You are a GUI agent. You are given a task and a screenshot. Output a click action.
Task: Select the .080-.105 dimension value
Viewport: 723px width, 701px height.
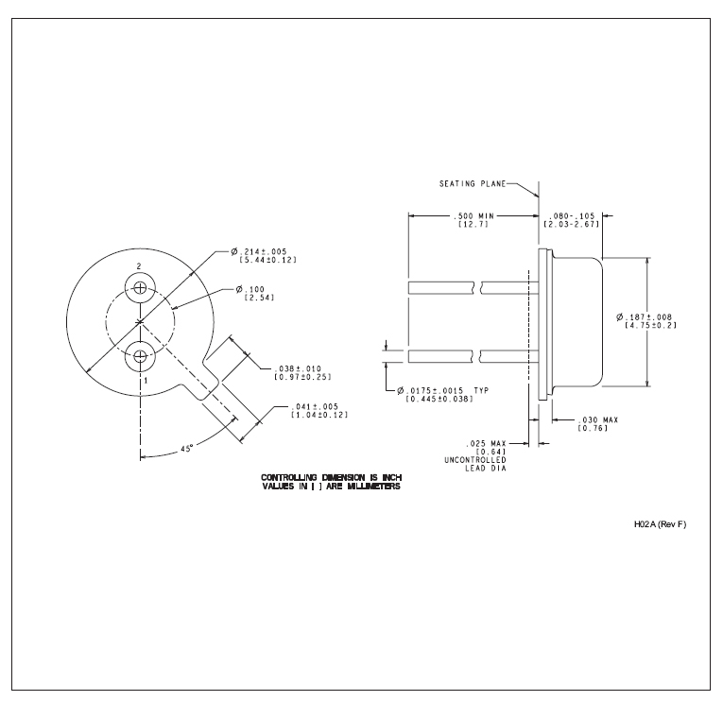pyautogui.click(x=572, y=216)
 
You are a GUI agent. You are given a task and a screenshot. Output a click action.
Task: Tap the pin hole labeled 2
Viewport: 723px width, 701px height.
pyautogui.click(x=141, y=287)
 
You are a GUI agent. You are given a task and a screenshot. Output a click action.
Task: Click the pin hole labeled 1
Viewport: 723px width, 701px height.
pyautogui.click(x=141, y=356)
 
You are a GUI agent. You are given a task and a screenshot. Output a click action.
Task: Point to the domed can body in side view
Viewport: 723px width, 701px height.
pyautogui.click(x=575, y=320)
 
